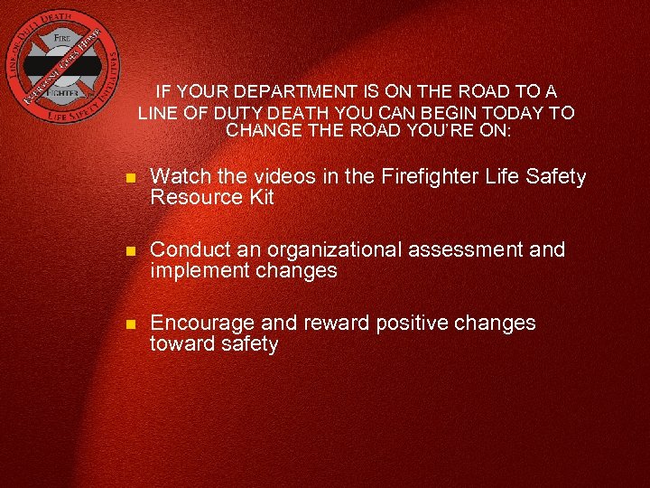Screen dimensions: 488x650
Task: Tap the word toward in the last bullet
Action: [182, 344]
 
